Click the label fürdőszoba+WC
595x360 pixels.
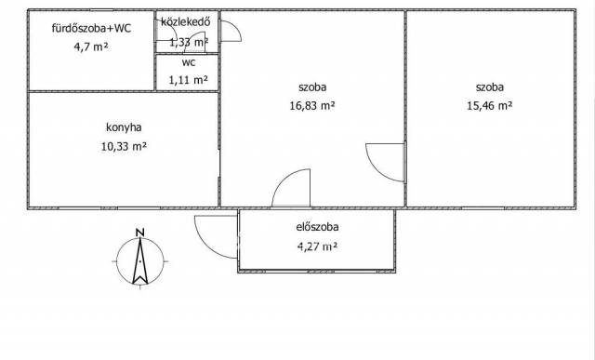[91, 28]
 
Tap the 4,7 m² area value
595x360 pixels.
[91, 47]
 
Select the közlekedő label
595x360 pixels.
[186, 21]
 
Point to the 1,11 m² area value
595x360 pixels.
[188, 80]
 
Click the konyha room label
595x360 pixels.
[124, 127]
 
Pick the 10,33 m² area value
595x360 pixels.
[124, 146]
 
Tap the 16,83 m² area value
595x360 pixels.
[312, 105]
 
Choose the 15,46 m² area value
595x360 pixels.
[490, 105]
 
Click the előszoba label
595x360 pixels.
[317, 227]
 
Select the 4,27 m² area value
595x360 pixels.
[317, 247]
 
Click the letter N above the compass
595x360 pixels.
[140, 233]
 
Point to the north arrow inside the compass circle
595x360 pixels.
[140, 260]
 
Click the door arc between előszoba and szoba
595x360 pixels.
[284, 179]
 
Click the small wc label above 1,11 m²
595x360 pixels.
[189, 62]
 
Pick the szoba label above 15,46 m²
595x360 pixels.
[490, 87]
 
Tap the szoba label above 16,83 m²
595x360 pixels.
[312, 87]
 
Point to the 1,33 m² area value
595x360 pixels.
[188, 42]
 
